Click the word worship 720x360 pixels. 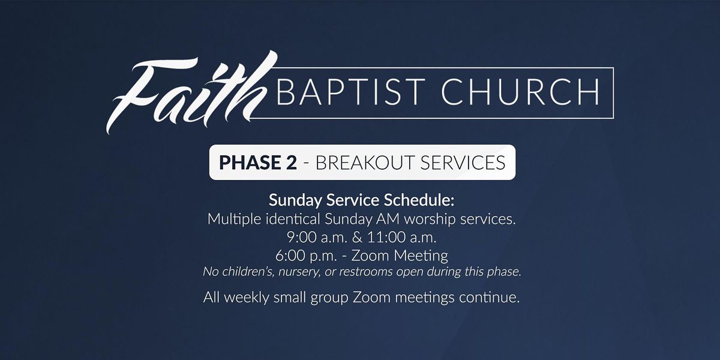click(x=430, y=220)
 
